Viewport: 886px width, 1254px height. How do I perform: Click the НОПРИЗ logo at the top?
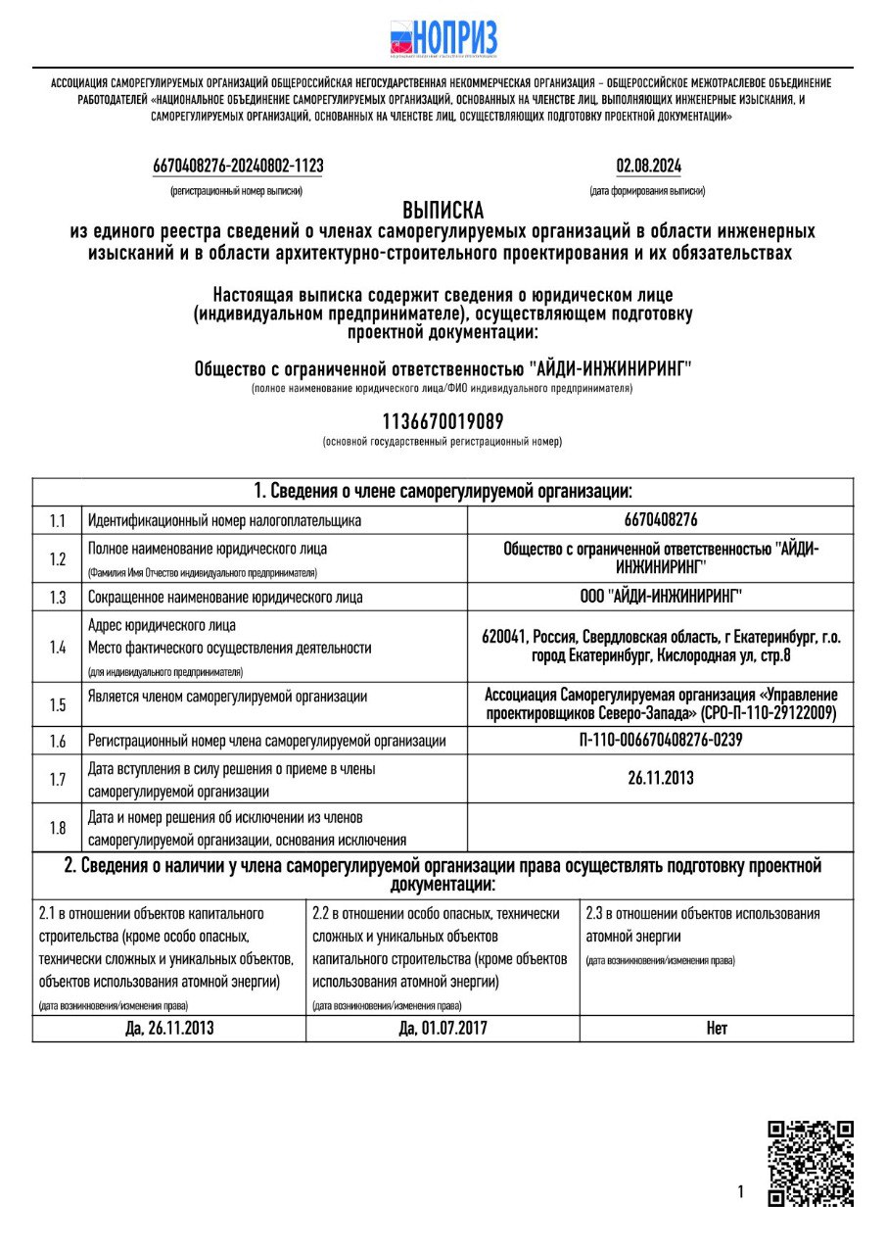click(x=443, y=39)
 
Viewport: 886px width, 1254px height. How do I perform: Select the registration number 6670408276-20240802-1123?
click(x=238, y=166)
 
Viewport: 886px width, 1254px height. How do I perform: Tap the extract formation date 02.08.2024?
click(x=648, y=166)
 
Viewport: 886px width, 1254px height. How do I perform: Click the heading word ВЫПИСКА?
click(x=443, y=211)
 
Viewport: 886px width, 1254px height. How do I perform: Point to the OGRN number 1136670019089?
click(x=443, y=422)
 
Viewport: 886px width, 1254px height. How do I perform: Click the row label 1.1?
click(x=58, y=520)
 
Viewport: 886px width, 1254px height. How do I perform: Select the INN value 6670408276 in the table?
click(x=660, y=520)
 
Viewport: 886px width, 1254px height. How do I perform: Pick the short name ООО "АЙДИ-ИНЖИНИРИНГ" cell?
click(x=660, y=597)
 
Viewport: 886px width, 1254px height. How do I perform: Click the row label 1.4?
click(x=58, y=647)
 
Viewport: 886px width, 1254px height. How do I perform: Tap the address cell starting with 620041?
click(x=660, y=646)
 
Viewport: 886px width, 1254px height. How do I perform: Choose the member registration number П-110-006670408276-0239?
click(x=660, y=741)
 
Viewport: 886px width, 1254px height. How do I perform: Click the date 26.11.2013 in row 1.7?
click(x=660, y=779)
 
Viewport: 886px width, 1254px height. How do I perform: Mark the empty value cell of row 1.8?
click(x=660, y=828)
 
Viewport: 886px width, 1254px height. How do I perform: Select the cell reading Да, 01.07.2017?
click(x=443, y=1029)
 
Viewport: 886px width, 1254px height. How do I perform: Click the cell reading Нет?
click(x=716, y=1029)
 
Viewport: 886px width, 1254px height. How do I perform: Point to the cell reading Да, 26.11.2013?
click(x=169, y=1029)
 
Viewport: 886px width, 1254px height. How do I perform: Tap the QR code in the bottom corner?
click(x=810, y=1164)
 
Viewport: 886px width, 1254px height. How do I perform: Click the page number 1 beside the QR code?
click(x=740, y=1192)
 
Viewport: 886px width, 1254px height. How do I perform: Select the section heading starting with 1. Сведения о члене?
click(x=443, y=491)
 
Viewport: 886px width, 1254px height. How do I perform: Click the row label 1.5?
click(x=58, y=704)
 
